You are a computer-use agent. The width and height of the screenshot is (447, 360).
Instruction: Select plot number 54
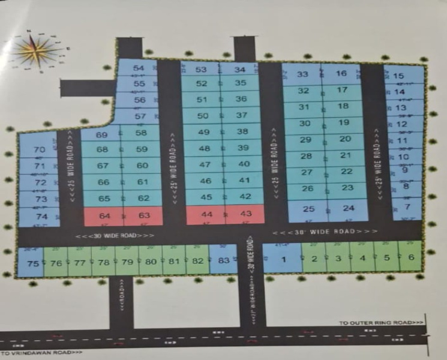pyautogui.click(x=139, y=69)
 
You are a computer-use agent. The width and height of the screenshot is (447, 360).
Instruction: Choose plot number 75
pyautogui.click(x=32, y=263)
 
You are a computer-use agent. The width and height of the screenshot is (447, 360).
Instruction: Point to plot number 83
pyautogui.click(x=224, y=260)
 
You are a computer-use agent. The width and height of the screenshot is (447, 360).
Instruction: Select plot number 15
pyautogui.click(x=398, y=76)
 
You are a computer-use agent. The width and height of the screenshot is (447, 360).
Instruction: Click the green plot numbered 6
pyautogui.click(x=410, y=258)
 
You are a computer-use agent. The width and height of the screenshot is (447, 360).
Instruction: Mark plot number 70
pyautogui.click(x=40, y=150)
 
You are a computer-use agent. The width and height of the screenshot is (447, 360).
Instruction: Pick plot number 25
pyautogui.click(x=308, y=209)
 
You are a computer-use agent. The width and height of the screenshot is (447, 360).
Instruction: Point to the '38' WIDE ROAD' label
pyautogui.click(x=325, y=232)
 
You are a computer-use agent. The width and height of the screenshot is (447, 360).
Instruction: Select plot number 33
pyautogui.click(x=302, y=74)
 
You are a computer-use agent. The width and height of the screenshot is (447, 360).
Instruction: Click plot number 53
pyautogui.click(x=201, y=70)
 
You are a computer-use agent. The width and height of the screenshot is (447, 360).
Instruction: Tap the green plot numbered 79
pyautogui.click(x=127, y=262)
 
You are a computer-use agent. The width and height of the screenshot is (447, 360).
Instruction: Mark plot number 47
pyautogui.click(x=205, y=164)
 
